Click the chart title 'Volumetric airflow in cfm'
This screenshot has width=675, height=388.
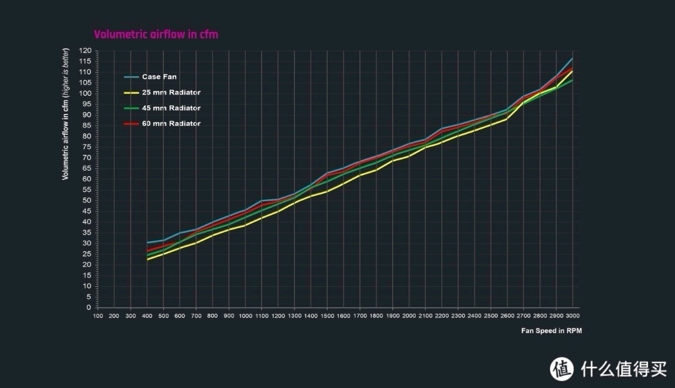(156, 34)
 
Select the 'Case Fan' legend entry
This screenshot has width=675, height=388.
(159, 77)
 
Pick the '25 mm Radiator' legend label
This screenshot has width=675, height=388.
(171, 93)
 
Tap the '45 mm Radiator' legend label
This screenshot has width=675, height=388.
(171, 108)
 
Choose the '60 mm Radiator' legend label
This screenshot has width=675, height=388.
(171, 124)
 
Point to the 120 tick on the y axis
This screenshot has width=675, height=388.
(86, 51)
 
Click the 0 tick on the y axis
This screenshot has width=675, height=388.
(89, 307)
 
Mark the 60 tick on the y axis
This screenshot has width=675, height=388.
(87, 179)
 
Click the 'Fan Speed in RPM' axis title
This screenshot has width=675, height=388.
(551, 331)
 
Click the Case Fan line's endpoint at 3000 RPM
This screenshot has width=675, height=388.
(572, 58)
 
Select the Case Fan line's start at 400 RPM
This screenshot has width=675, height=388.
(147, 242)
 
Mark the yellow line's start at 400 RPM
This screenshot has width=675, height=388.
(147, 259)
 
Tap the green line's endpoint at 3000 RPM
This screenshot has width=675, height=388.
(572, 80)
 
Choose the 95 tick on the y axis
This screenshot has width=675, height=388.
(87, 104)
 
